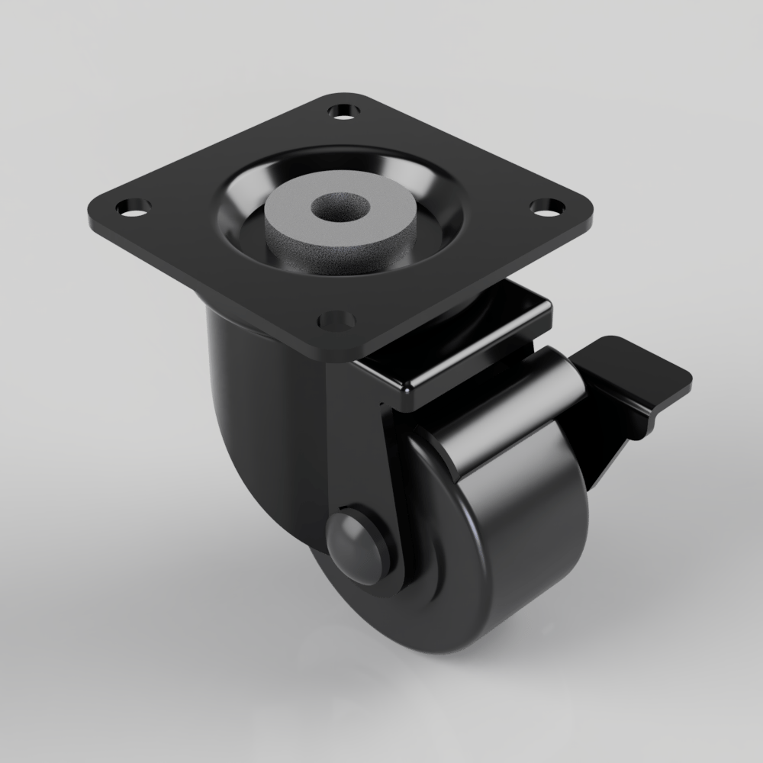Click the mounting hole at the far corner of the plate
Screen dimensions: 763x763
coord(343,111)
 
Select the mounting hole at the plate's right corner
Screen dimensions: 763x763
coord(546,205)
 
